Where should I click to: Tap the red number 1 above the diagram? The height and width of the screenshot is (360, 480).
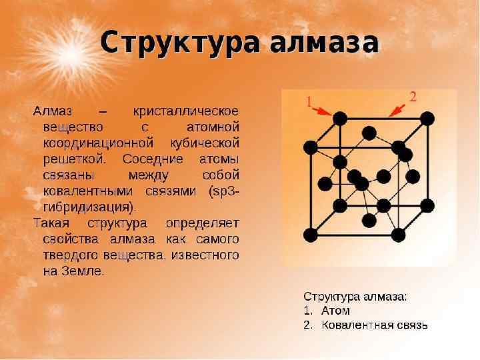[309, 101]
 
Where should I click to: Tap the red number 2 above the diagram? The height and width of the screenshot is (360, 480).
[413, 97]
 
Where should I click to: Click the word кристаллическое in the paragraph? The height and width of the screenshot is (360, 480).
[187, 110]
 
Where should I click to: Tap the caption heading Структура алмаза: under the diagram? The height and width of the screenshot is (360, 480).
[355, 295]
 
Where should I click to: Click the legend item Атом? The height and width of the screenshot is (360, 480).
[335, 311]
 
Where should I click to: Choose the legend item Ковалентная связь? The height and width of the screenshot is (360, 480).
[374, 325]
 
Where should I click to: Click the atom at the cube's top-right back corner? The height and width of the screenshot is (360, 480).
[427, 119]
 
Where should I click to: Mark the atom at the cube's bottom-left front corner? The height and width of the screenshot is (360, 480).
[310, 234]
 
